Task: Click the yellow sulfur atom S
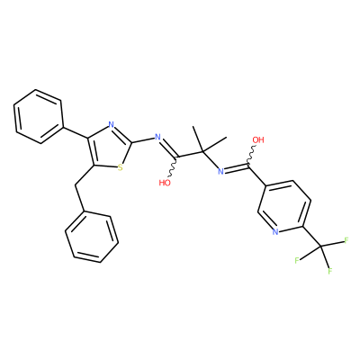click(120, 167)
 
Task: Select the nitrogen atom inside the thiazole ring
click(111, 124)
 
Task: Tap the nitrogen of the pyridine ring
click(276, 231)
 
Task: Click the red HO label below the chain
click(165, 183)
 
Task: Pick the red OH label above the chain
click(258, 139)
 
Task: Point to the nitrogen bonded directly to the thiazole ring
click(157, 138)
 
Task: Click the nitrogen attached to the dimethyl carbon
click(220, 171)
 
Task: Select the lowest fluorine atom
click(330, 271)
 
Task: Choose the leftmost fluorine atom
click(297, 260)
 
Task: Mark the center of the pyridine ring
click(284, 206)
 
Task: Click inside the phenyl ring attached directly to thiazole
click(39, 116)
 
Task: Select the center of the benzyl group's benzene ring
click(92, 237)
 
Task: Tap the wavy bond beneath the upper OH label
click(251, 155)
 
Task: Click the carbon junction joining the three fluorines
click(321, 247)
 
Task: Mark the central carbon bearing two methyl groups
click(202, 152)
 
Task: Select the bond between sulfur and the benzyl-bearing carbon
click(105, 166)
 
